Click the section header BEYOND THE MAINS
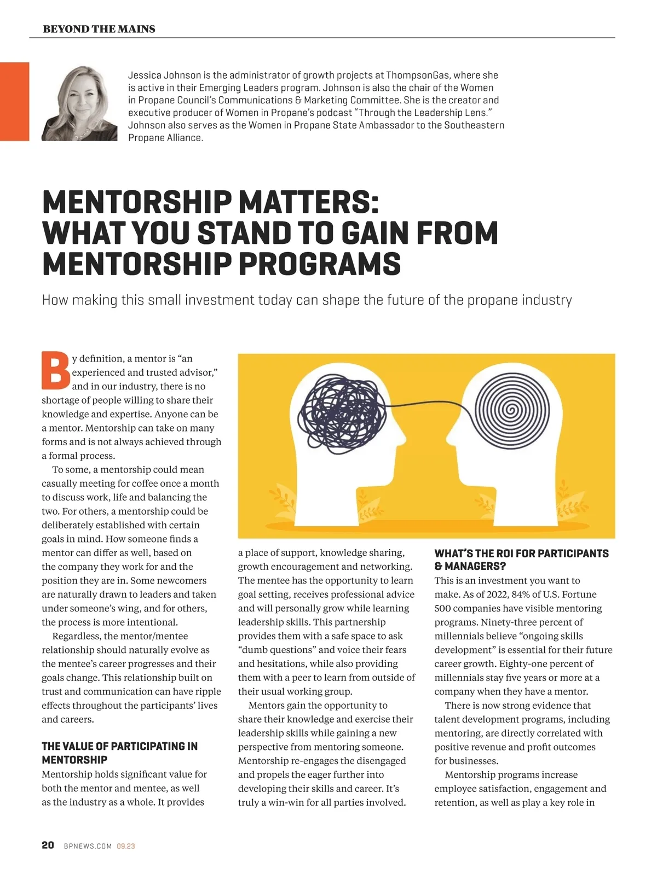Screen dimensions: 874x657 [99, 29]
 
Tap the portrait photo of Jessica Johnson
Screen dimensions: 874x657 [79, 103]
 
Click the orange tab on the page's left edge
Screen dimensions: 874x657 [14, 101]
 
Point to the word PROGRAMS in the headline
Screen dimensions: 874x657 [320, 264]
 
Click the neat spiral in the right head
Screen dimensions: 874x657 [510, 409]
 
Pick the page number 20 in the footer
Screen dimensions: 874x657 [48, 846]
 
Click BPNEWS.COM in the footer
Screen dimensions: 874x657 [88, 846]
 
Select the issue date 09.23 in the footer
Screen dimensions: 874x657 [126, 846]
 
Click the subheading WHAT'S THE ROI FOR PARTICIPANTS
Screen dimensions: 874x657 [521, 553]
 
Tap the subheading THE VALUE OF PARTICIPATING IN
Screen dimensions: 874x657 [119, 746]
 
